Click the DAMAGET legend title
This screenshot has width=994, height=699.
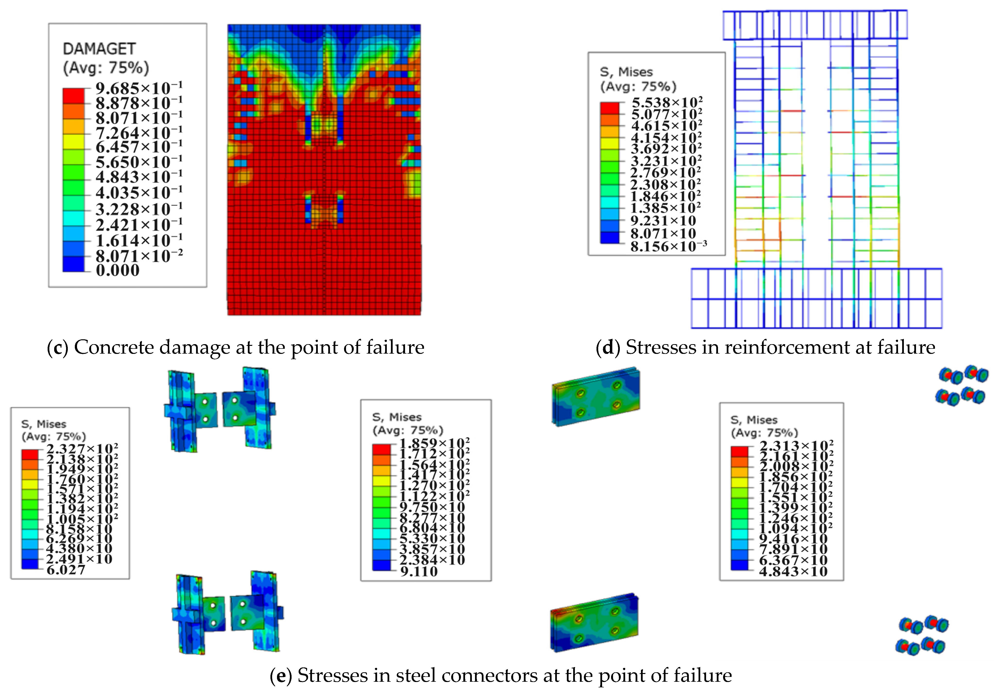pos(99,49)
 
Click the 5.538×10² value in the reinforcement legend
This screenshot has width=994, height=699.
pos(667,102)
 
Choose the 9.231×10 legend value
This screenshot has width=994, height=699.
pos(663,221)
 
